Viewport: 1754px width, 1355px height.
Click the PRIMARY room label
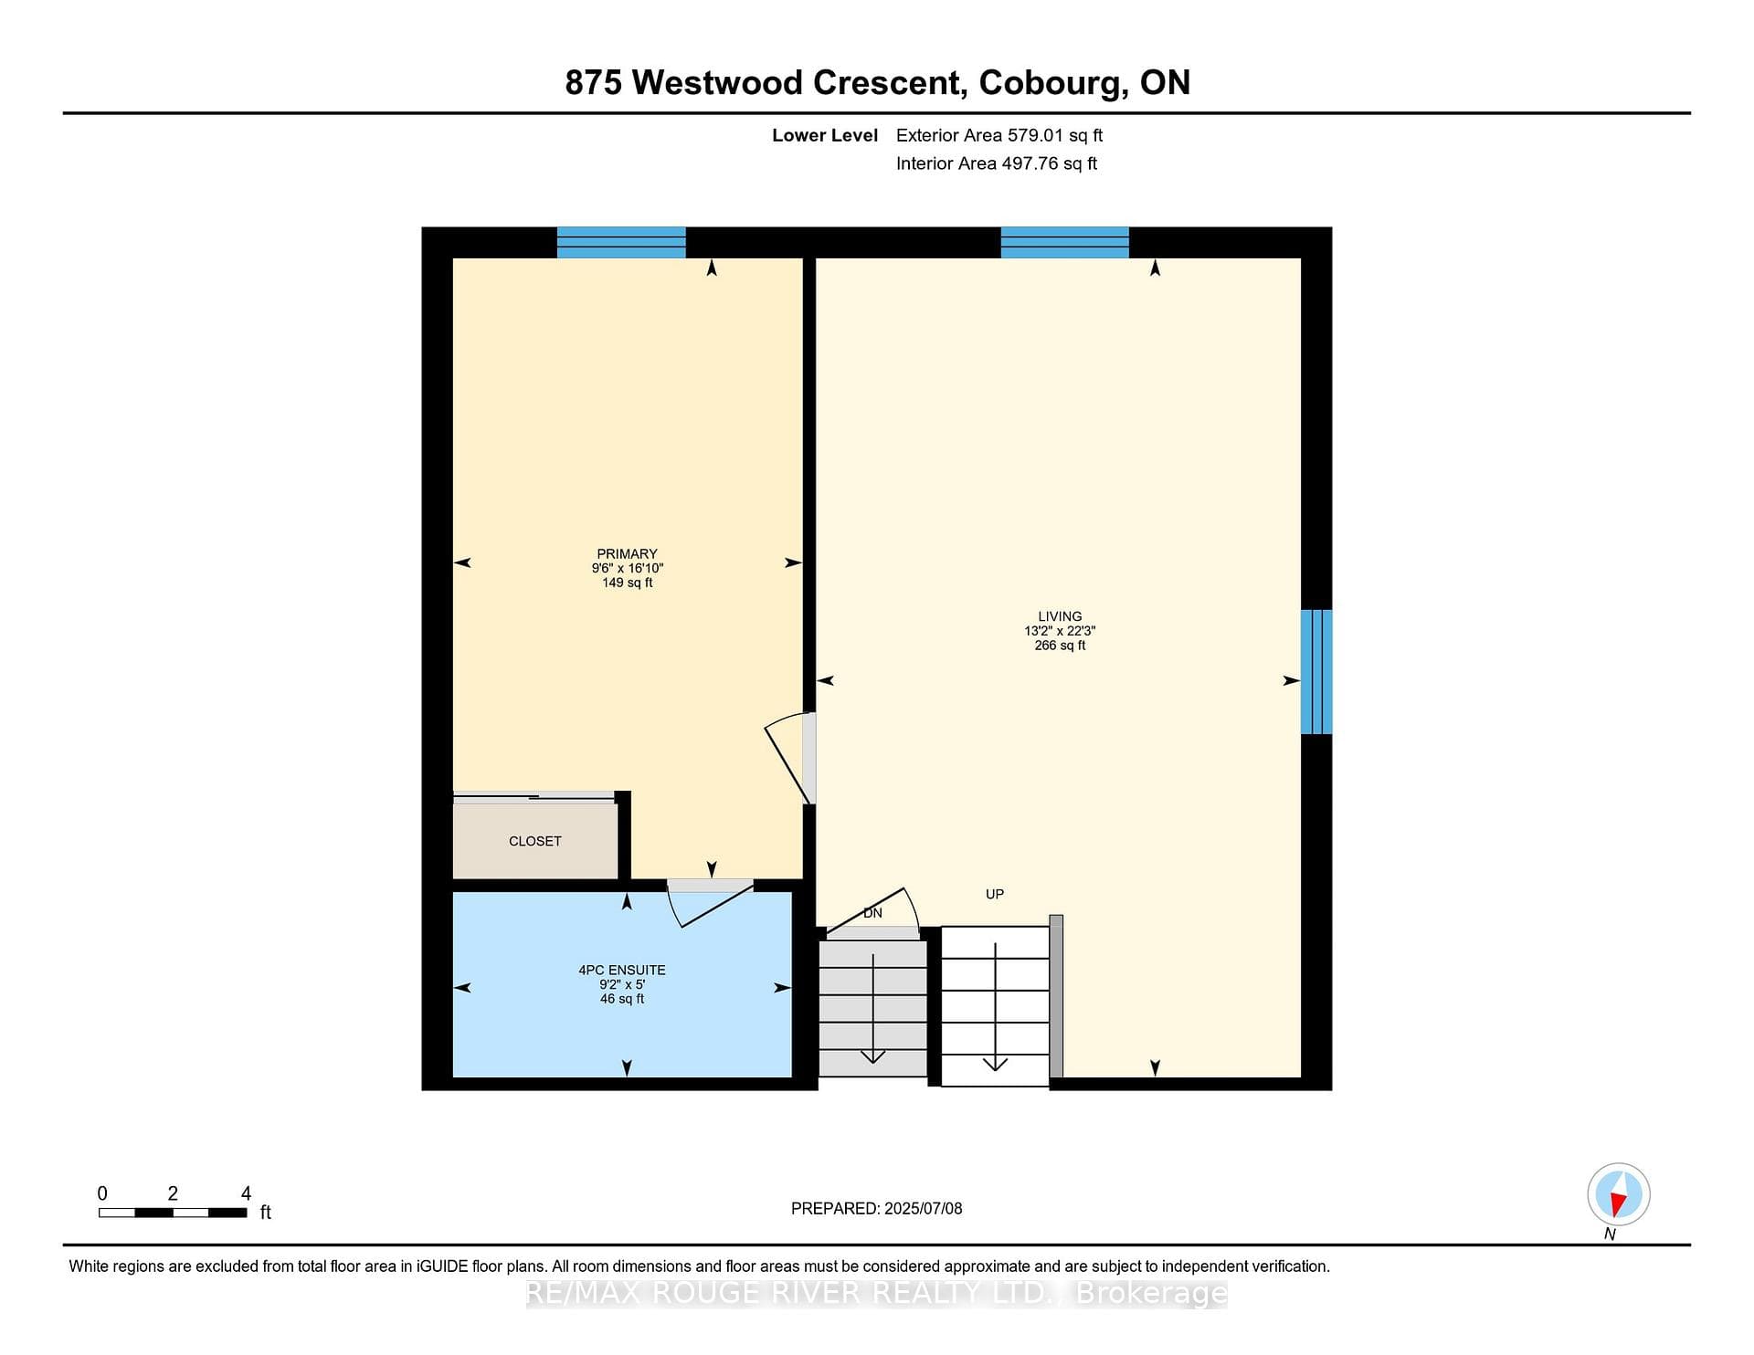pos(627,553)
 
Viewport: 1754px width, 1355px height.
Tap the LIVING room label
pos(1060,616)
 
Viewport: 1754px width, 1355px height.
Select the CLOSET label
pos(535,841)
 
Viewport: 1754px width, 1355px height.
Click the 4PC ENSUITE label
pos(622,970)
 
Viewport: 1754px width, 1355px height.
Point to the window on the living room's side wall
pos(1316,672)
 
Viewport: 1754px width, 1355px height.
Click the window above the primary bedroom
pos(621,242)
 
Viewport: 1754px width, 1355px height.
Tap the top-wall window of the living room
pos(1065,242)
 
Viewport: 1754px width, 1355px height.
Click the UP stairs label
pos(995,894)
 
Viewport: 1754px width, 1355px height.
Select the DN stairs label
pos(873,913)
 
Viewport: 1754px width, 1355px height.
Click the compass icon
pos(1619,1194)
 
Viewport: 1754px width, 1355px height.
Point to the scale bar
pos(173,1213)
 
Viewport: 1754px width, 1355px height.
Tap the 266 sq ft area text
pos(1060,646)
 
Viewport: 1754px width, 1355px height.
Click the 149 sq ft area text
pos(627,583)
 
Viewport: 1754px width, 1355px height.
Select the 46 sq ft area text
pos(622,999)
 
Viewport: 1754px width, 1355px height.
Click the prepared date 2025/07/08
pos(923,1208)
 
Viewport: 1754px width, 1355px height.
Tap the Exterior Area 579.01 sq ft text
pos(999,135)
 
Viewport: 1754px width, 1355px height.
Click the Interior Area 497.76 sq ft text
pos(997,163)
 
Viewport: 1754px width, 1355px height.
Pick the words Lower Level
pos(825,135)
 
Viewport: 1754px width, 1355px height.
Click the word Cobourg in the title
pos(1050,83)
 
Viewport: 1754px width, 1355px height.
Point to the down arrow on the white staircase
pos(995,1007)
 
